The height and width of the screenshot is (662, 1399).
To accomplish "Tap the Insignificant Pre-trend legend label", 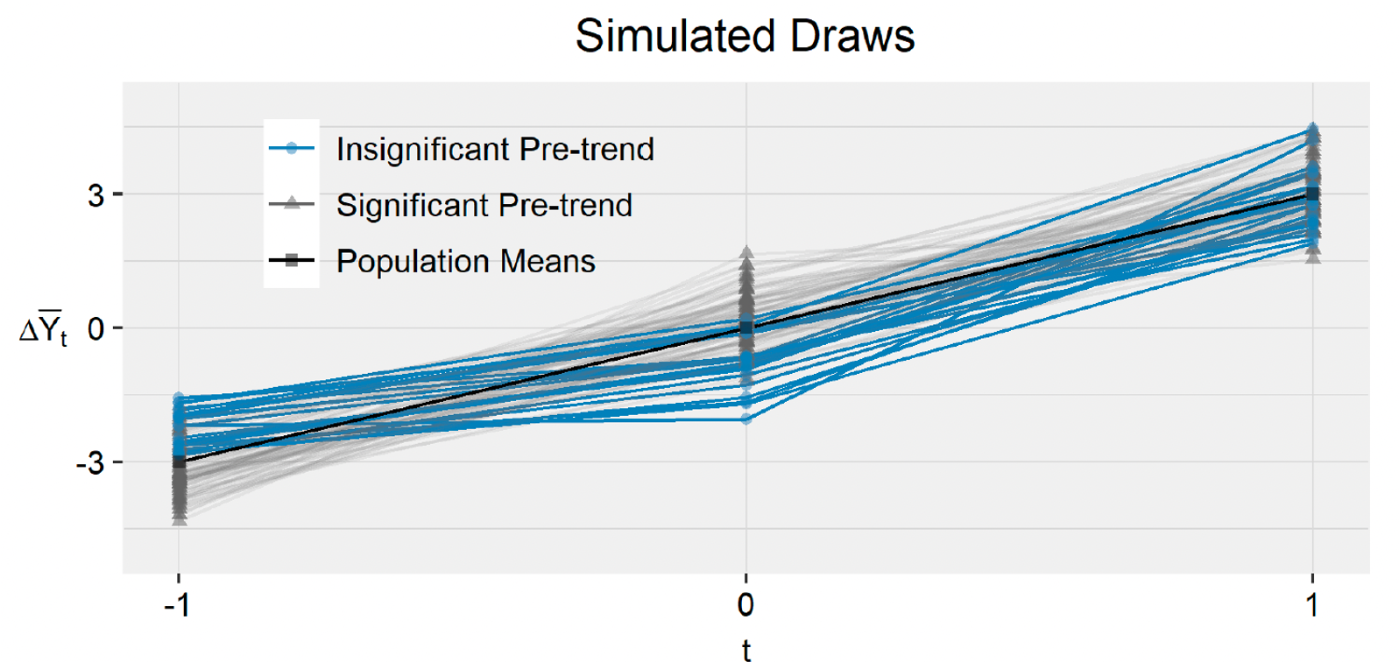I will (x=495, y=150).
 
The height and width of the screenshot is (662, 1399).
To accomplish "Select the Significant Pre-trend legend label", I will (x=484, y=206).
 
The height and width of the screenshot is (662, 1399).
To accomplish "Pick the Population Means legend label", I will (x=465, y=262).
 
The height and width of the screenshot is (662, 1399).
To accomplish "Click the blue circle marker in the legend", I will (x=292, y=149).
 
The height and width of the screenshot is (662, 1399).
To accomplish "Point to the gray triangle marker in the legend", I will (x=292, y=204).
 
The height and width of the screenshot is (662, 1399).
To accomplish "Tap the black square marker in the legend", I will (x=292, y=260).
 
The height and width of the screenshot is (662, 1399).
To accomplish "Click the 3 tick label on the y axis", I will (x=95, y=195).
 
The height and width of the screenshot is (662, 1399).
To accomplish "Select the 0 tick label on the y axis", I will (x=95, y=329).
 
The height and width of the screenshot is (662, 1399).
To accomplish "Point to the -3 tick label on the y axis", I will (x=89, y=463).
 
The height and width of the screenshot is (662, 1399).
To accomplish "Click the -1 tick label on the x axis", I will (x=177, y=604).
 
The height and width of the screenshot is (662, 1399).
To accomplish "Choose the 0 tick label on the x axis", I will (x=745, y=604).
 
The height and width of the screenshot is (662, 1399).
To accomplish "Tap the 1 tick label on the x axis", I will (x=1311, y=604).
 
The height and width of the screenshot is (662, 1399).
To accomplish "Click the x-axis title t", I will (x=745, y=650).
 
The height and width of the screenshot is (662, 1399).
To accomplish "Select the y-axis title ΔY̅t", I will (x=43, y=329).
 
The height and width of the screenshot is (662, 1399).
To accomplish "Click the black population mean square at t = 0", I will (x=746, y=328).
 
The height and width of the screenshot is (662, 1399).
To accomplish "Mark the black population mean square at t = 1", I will (x=1312, y=194).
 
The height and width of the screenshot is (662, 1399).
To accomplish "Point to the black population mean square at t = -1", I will (x=180, y=461).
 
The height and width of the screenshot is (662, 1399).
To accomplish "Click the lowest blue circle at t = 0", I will (x=746, y=419).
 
